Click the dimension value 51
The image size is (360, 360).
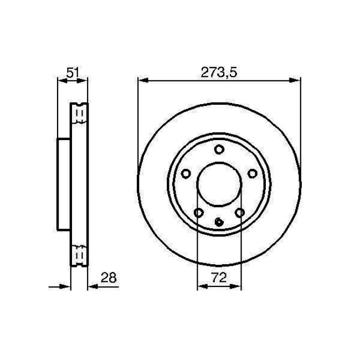(72, 71)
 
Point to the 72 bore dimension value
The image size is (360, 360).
(219, 278)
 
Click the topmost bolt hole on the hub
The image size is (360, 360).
(219, 149)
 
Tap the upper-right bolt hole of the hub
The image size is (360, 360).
(253, 173)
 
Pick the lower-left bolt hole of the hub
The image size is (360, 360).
(198, 213)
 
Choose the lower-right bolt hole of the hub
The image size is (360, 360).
(240, 213)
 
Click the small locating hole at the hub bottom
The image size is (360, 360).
(219, 223)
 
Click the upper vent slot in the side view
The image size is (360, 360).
(79, 115)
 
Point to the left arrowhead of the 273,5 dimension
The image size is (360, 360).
(141, 81)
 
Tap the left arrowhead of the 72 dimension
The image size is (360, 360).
(201, 287)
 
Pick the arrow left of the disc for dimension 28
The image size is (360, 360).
(67, 287)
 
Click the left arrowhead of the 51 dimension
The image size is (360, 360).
(61, 81)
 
